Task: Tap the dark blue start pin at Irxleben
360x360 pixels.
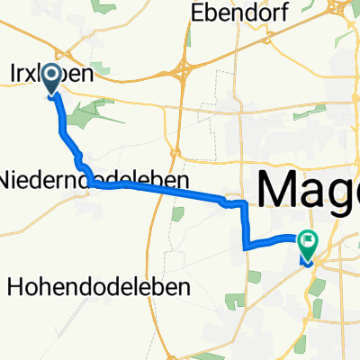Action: pyautogui.click(x=51, y=76)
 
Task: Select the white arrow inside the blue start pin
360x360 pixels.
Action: pyautogui.click(x=51, y=76)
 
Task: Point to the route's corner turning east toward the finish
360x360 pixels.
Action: pyautogui.click(x=245, y=244)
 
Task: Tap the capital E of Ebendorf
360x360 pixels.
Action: pyautogui.click(x=194, y=14)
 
